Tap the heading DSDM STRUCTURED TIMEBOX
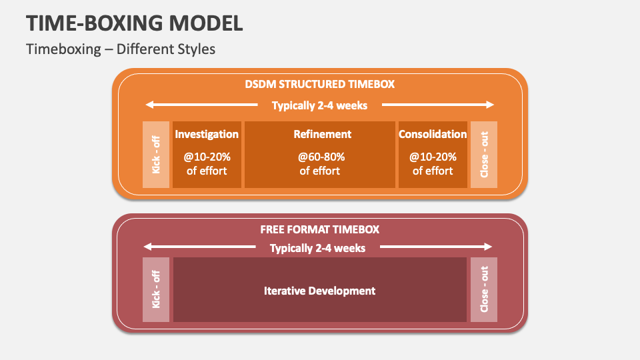pyautogui.click(x=319, y=85)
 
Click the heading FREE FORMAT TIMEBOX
pyautogui.click(x=319, y=229)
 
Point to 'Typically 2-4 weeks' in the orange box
pyautogui.click(x=319, y=105)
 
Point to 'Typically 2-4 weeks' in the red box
pyautogui.click(x=317, y=248)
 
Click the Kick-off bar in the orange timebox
pyautogui.click(x=156, y=155)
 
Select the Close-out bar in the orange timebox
pyautogui.click(x=484, y=155)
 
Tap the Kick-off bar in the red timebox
pyautogui.click(x=156, y=289)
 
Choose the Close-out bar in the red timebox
pyautogui.click(x=484, y=289)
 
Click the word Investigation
pyautogui.click(x=207, y=134)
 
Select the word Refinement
pyautogui.click(x=322, y=134)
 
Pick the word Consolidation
pyautogui.click(x=433, y=134)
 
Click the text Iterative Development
pyautogui.click(x=319, y=291)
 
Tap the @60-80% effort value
pyautogui.click(x=321, y=157)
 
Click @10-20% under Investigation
pyautogui.click(x=207, y=157)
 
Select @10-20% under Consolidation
pyautogui.click(x=433, y=157)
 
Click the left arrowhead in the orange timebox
pyautogui.click(x=150, y=105)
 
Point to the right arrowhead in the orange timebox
pyautogui.click(x=490, y=105)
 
